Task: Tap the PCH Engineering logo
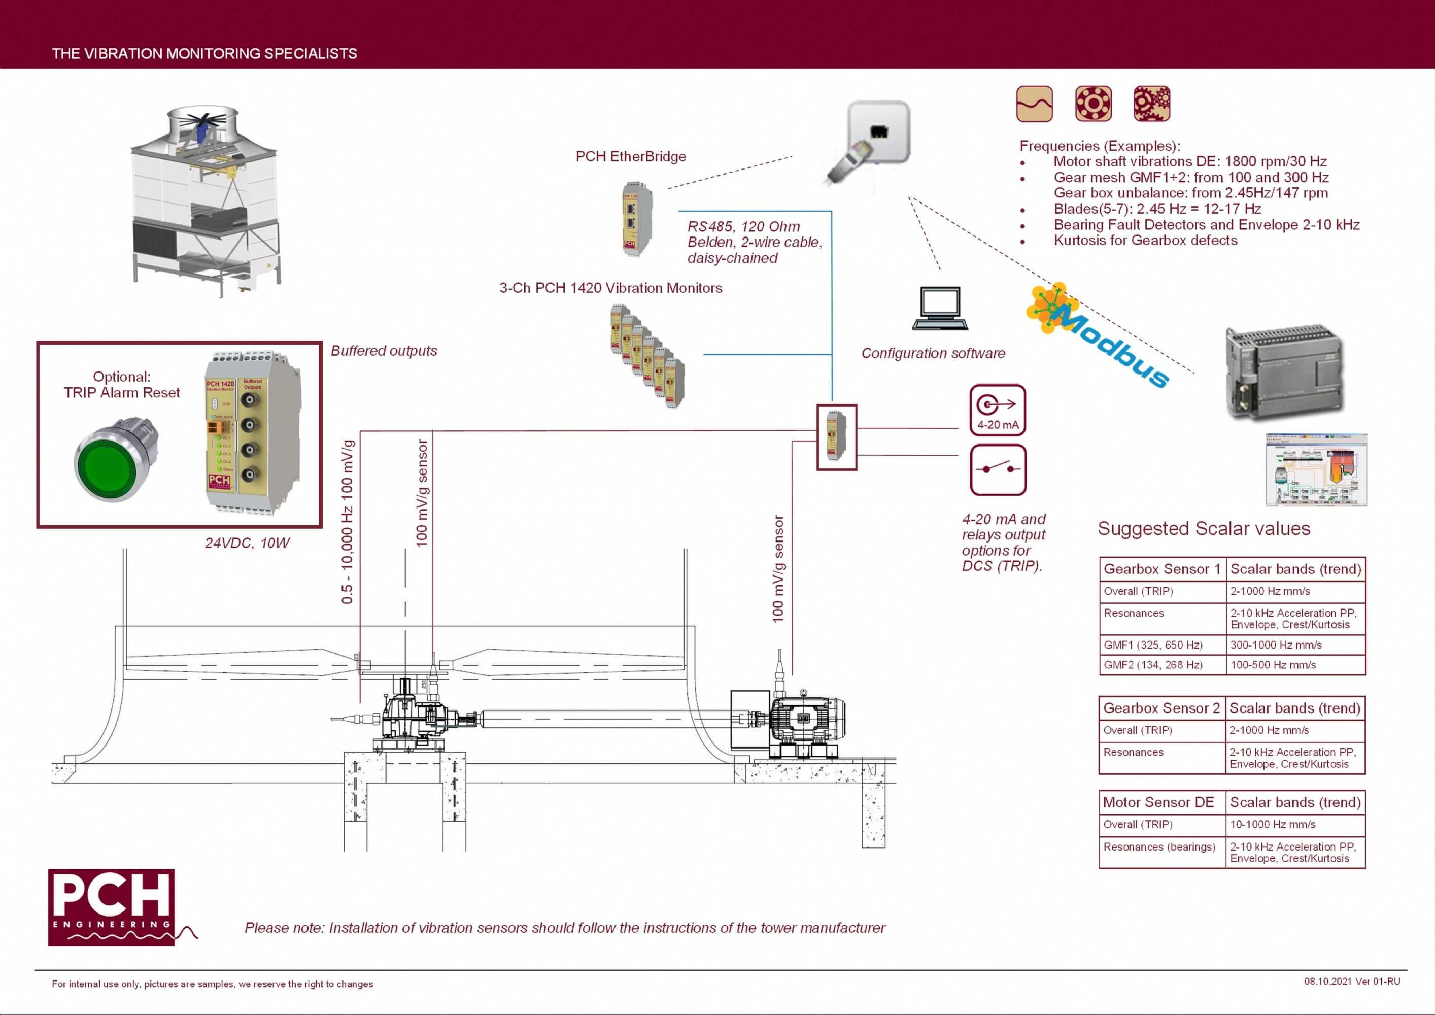coord(111,906)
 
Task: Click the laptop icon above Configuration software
coord(940,308)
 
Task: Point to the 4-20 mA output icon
coord(998,410)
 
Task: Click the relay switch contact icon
coord(998,469)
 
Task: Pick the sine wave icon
coord(1034,104)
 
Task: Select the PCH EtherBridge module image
coord(636,219)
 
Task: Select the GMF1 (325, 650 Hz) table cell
coord(1153,645)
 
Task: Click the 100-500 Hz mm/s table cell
coord(1273,665)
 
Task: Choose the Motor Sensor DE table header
coord(1158,802)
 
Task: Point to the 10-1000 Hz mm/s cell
coord(1273,824)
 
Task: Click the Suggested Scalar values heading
coord(1204,529)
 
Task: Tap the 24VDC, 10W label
coord(247,543)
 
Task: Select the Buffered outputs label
coord(384,351)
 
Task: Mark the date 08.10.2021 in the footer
coord(1327,981)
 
